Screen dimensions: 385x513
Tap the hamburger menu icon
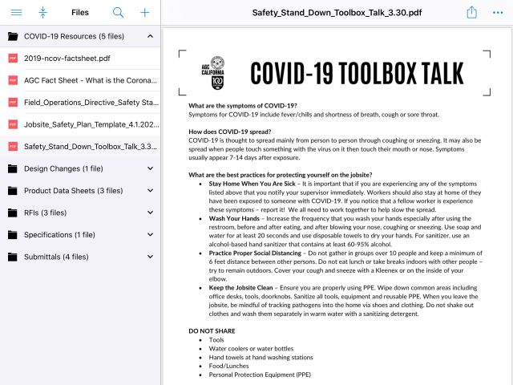[16, 13]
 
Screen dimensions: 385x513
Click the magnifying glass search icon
[118, 13]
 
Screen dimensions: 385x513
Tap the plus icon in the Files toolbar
[144, 13]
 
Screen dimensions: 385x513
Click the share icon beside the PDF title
[472, 13]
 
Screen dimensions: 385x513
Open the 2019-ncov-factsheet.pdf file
[67, 59]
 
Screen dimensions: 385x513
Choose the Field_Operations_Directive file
[91, 103]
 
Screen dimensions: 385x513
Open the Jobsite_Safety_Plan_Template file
[91, 124]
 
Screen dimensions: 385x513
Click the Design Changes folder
[63, 168]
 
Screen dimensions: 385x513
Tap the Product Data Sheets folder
[73, 191]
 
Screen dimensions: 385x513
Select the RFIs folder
[46, 213]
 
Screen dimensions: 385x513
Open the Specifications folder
[60, 235]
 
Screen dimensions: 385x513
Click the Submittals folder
[56, 257]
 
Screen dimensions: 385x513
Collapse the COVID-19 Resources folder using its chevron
[151, 37]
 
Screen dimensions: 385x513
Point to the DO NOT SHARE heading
[212, 330]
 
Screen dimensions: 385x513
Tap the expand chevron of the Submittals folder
[151, 257]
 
